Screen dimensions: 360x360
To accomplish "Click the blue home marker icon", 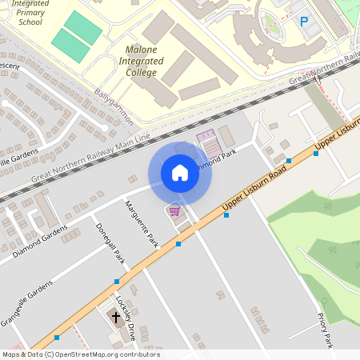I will pyautogui.click(x=180, y=172).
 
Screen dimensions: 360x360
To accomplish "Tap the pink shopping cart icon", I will pyautogui.click(x=174, y=210).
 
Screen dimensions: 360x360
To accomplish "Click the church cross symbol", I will pyautogui.click(x=115, y=318).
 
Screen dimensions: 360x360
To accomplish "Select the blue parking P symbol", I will pyautogui.click(x=303, y=22).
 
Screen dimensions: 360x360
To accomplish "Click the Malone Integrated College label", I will pyautogui.click(x=141, y=61).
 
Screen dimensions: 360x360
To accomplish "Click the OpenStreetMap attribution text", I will pyautogui.click(x=81, y=354).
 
